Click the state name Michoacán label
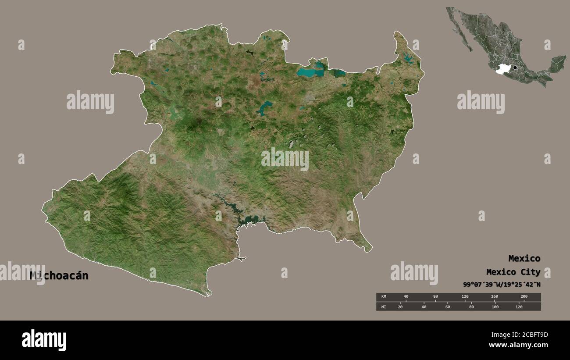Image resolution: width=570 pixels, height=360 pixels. pos(59,276)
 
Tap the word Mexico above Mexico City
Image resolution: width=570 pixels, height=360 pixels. pos(524,258)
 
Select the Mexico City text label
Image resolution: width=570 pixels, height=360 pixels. pos(513,272)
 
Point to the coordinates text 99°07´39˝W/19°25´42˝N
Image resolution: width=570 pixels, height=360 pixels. pos(502,285)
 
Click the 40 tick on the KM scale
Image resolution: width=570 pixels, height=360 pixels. pos(406,297)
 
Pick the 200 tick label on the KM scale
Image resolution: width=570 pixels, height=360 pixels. pos(524,297)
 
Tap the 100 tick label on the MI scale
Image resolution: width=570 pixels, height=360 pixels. pos(495,307)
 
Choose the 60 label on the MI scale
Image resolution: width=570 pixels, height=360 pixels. pos(447,307)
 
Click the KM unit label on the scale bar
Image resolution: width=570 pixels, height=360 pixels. pos(383,297)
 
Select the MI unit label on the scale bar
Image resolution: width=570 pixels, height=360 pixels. pos(383,307)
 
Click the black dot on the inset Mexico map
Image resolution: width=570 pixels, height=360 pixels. pos(515,68)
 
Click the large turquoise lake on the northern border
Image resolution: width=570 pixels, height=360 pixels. pos(310,72)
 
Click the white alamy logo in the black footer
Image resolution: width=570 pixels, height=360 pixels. pos(44,340)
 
